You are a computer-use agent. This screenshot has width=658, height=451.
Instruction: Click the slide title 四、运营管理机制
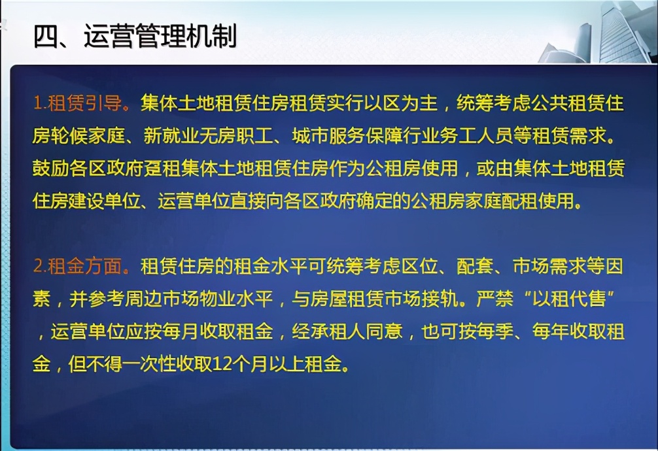tap(135, 36)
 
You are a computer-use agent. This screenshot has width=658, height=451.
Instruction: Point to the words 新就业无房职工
tap(208, 135)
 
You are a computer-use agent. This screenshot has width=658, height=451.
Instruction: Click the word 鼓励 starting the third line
tap(51, 168)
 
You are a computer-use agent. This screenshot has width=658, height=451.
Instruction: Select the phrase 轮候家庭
tap(88, 135)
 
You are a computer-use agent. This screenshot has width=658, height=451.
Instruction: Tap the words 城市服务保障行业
tap(366, 135)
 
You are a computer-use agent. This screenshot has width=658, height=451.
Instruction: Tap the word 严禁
tap(494, 299)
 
